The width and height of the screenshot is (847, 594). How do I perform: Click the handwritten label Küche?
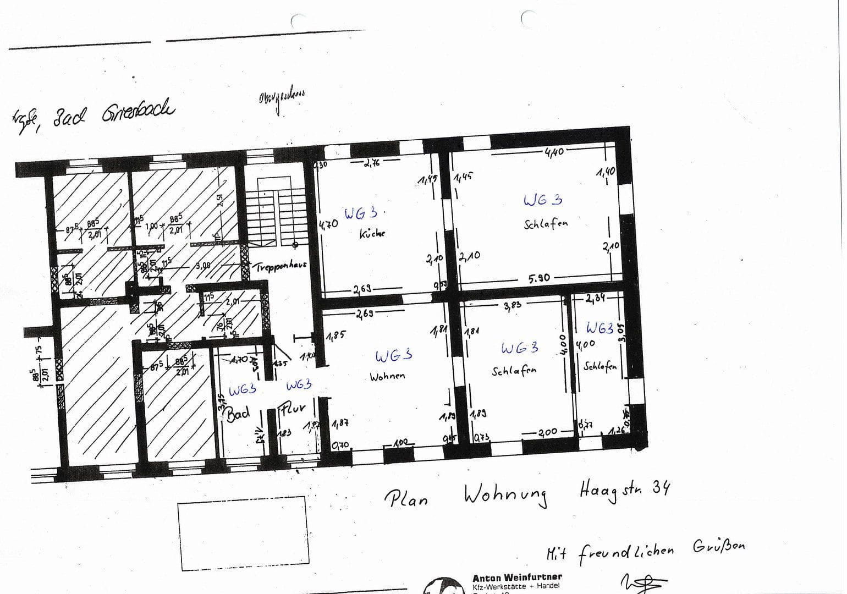point(372,233)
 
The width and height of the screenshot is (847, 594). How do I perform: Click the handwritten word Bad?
point(239,414)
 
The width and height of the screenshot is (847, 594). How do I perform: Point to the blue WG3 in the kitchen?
point(361,213)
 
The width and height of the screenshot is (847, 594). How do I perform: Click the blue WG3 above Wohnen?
point(393,356)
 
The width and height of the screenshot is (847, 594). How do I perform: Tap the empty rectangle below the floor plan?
point(242,533)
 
